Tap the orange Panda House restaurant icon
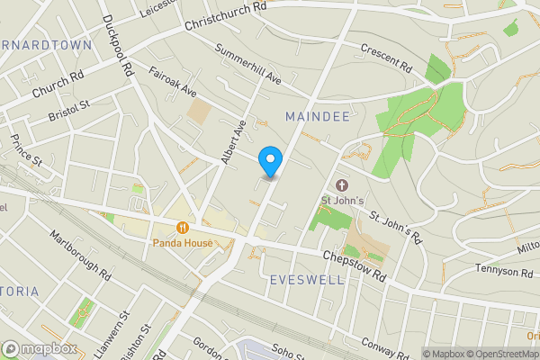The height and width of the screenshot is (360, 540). pos(183,229)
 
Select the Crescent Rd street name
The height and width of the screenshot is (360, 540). pos(384,58)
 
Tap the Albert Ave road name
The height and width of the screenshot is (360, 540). pos(233,142)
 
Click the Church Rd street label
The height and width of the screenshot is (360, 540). pos(57,87)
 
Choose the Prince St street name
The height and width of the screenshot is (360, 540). pos(27,150)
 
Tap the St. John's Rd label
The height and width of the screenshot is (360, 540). pos(396,228)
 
